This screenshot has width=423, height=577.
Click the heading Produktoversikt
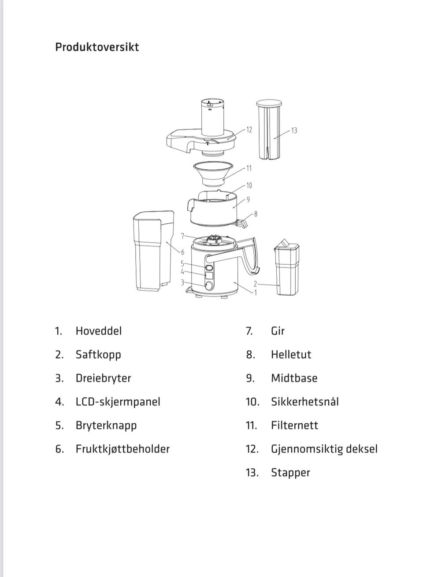tap(97, 47)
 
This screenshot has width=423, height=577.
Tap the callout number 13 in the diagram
tap(294, 131)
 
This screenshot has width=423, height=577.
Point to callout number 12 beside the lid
tap(249, 129)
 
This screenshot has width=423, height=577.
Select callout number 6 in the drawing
tap(183, 252)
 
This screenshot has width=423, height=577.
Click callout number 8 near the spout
tap(256, 214)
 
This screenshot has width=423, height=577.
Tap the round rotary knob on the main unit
tap(209, 285)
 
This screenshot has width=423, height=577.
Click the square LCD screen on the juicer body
tap(209, 275)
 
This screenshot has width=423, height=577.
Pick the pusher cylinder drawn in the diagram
tap(269, 129)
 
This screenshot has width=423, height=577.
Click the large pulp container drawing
tap(154, 251)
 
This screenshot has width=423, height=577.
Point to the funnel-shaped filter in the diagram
tap(213, 174)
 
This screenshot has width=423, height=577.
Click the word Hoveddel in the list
tap(99, 331)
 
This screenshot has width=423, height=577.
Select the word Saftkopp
tap(98, 355)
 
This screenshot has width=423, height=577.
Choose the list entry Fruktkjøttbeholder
tap(122, 449)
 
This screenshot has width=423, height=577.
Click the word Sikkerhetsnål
tap(305, 402)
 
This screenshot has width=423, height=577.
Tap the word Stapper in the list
tap(290, 473)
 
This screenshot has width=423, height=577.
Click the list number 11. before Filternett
tap(252, 425)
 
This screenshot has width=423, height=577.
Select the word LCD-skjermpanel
tap(118, 402)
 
